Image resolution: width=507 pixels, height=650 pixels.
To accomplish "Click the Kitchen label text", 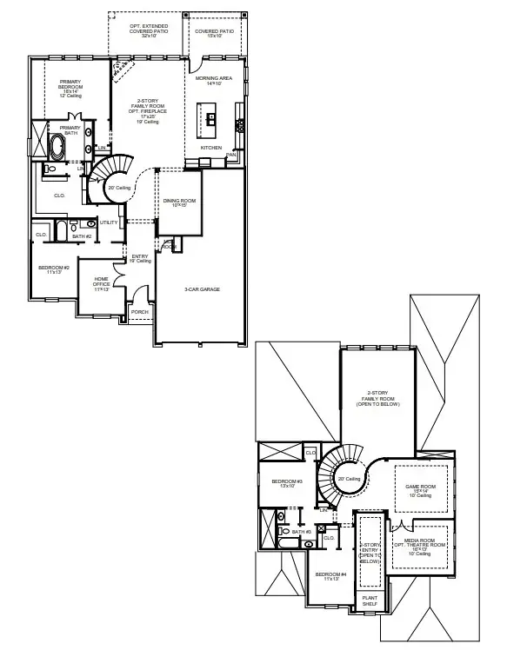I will (x=212, y=148).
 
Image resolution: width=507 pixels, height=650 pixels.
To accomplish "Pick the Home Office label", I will (x=103, y=283).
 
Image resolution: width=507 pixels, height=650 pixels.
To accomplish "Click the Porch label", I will (x=139, y=312).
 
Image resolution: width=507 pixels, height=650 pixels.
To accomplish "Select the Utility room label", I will (x=109, y=222).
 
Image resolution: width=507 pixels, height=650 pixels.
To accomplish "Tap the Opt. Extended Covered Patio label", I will (x=149, y=31).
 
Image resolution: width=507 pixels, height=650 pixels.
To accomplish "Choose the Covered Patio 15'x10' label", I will (x=214, y=33).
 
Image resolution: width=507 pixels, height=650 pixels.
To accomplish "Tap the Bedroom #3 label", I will (x=287, y=483).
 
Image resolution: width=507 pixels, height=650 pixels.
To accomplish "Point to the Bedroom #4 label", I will (x=330, y=577).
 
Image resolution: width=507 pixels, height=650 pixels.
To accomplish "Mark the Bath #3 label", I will (x=302, y=532).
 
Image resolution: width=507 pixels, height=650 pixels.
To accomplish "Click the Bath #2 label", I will (x=83, y=235).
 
